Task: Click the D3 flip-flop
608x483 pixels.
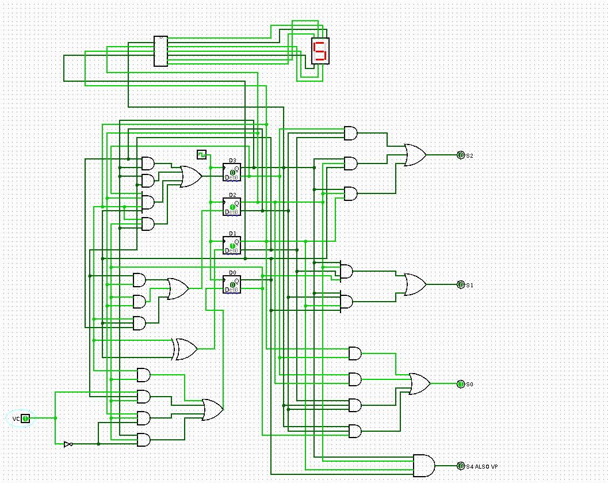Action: click(x=232, y=172)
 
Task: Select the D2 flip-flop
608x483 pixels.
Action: click(x=232, y=206)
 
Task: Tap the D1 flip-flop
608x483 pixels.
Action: click(x=232, y=245)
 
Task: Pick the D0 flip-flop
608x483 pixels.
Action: click(x=232, y=284)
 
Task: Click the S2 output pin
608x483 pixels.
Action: click(x=460, y=155)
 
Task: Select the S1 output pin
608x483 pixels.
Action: click(x=460, y=284)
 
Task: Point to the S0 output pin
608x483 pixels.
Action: click(x=460, y=384)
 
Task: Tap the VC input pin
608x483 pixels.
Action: click(x=25, y=418)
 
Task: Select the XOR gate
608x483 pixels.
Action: click(x=186, y=349)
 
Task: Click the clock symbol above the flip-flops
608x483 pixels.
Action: click(x=201, y=154)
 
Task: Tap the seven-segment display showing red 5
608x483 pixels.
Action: click(x=320, y=51)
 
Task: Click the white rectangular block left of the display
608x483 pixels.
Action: click(x=160, y=51)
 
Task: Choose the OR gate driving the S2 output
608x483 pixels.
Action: click(x=415, y=155)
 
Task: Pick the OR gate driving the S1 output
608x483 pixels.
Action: click(x=415, y=284)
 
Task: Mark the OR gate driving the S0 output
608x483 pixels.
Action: click(x=419, y=384)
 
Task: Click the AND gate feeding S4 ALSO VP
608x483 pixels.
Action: click(x=424, y=465)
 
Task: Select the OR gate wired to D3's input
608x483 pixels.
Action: click(x=190, y=177)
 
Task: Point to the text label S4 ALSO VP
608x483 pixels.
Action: click(x=482, y=466)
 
